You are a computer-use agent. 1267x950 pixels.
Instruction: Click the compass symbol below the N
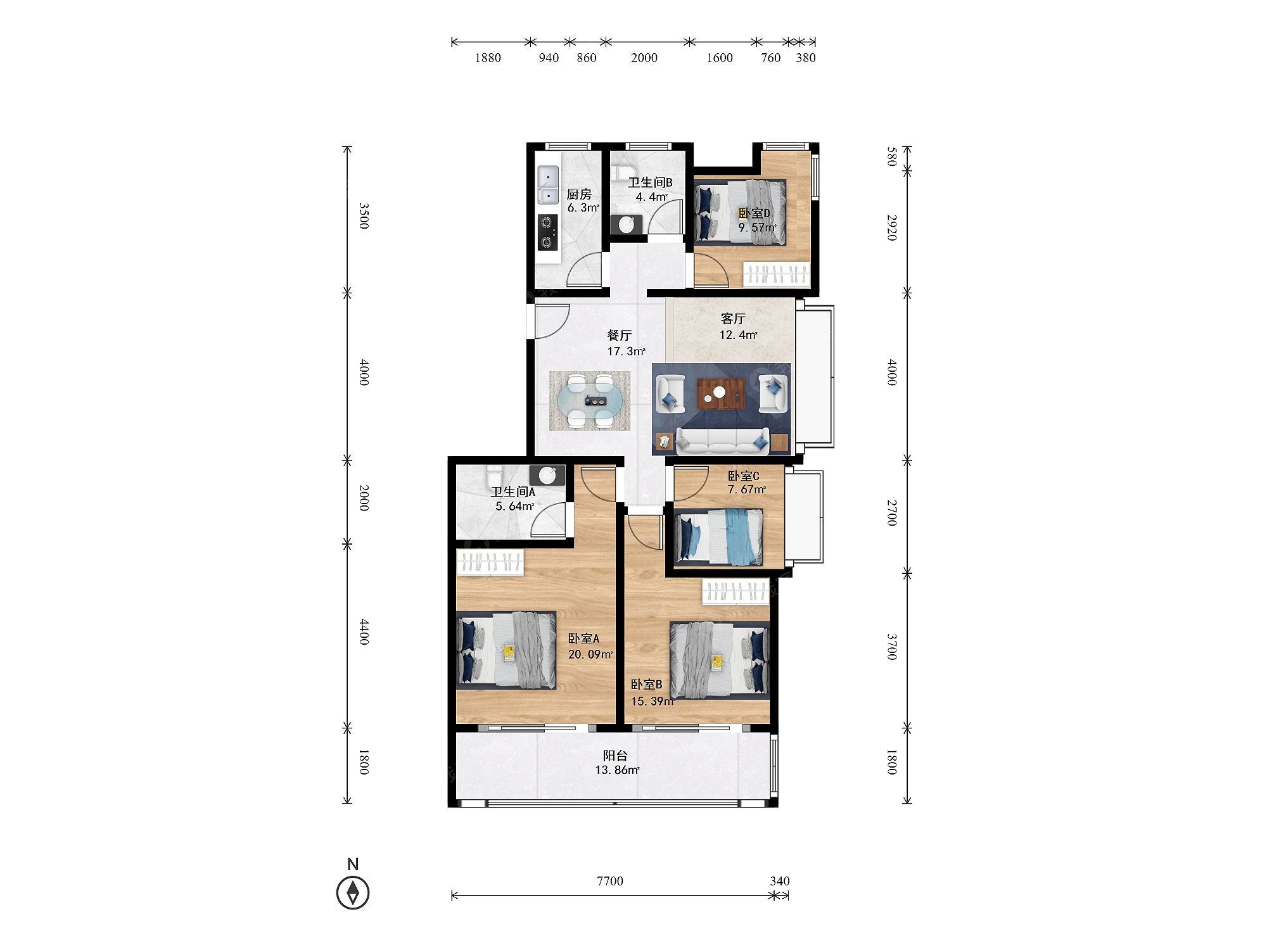pos(353,892)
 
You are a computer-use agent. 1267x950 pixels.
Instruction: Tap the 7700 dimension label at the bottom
pos(610,881)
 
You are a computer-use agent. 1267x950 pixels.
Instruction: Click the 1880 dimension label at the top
pos(488,58)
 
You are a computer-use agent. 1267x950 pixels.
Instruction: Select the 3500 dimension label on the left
pos(364,216)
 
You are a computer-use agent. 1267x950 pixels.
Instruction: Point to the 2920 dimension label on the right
pos(891,227)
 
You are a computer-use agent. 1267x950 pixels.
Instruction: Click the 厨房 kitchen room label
pos(579,194)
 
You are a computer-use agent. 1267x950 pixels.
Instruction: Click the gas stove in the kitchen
pos(105,232)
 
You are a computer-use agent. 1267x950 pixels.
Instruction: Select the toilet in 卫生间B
pos(623,172)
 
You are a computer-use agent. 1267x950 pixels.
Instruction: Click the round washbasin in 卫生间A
pos(547,474)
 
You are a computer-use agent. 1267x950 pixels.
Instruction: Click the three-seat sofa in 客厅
pos(722,441)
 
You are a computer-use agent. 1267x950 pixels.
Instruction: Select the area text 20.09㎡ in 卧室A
pos(590,654)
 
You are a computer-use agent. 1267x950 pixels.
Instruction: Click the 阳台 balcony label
pos(615,755)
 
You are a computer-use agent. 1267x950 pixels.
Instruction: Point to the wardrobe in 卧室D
pos(777,275)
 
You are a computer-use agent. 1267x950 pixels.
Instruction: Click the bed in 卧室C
pos(719,537)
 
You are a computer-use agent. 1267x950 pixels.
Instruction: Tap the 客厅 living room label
pos(733,319)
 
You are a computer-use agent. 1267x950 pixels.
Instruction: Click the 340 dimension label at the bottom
pos(780,881)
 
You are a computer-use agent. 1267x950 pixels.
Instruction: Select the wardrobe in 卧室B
pos(735,592)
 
